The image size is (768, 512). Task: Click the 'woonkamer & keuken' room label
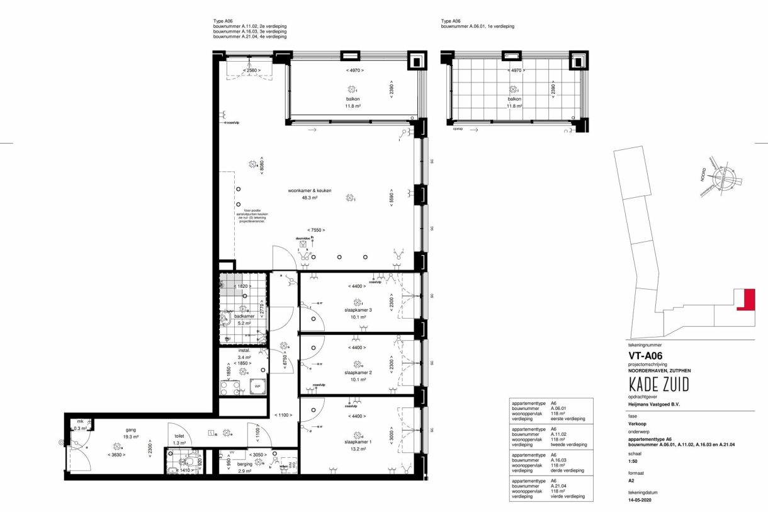point(310,191)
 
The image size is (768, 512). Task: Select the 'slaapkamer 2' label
point(357,373)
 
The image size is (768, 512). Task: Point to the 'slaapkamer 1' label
point(357,442)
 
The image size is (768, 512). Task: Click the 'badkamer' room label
point(244,316)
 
